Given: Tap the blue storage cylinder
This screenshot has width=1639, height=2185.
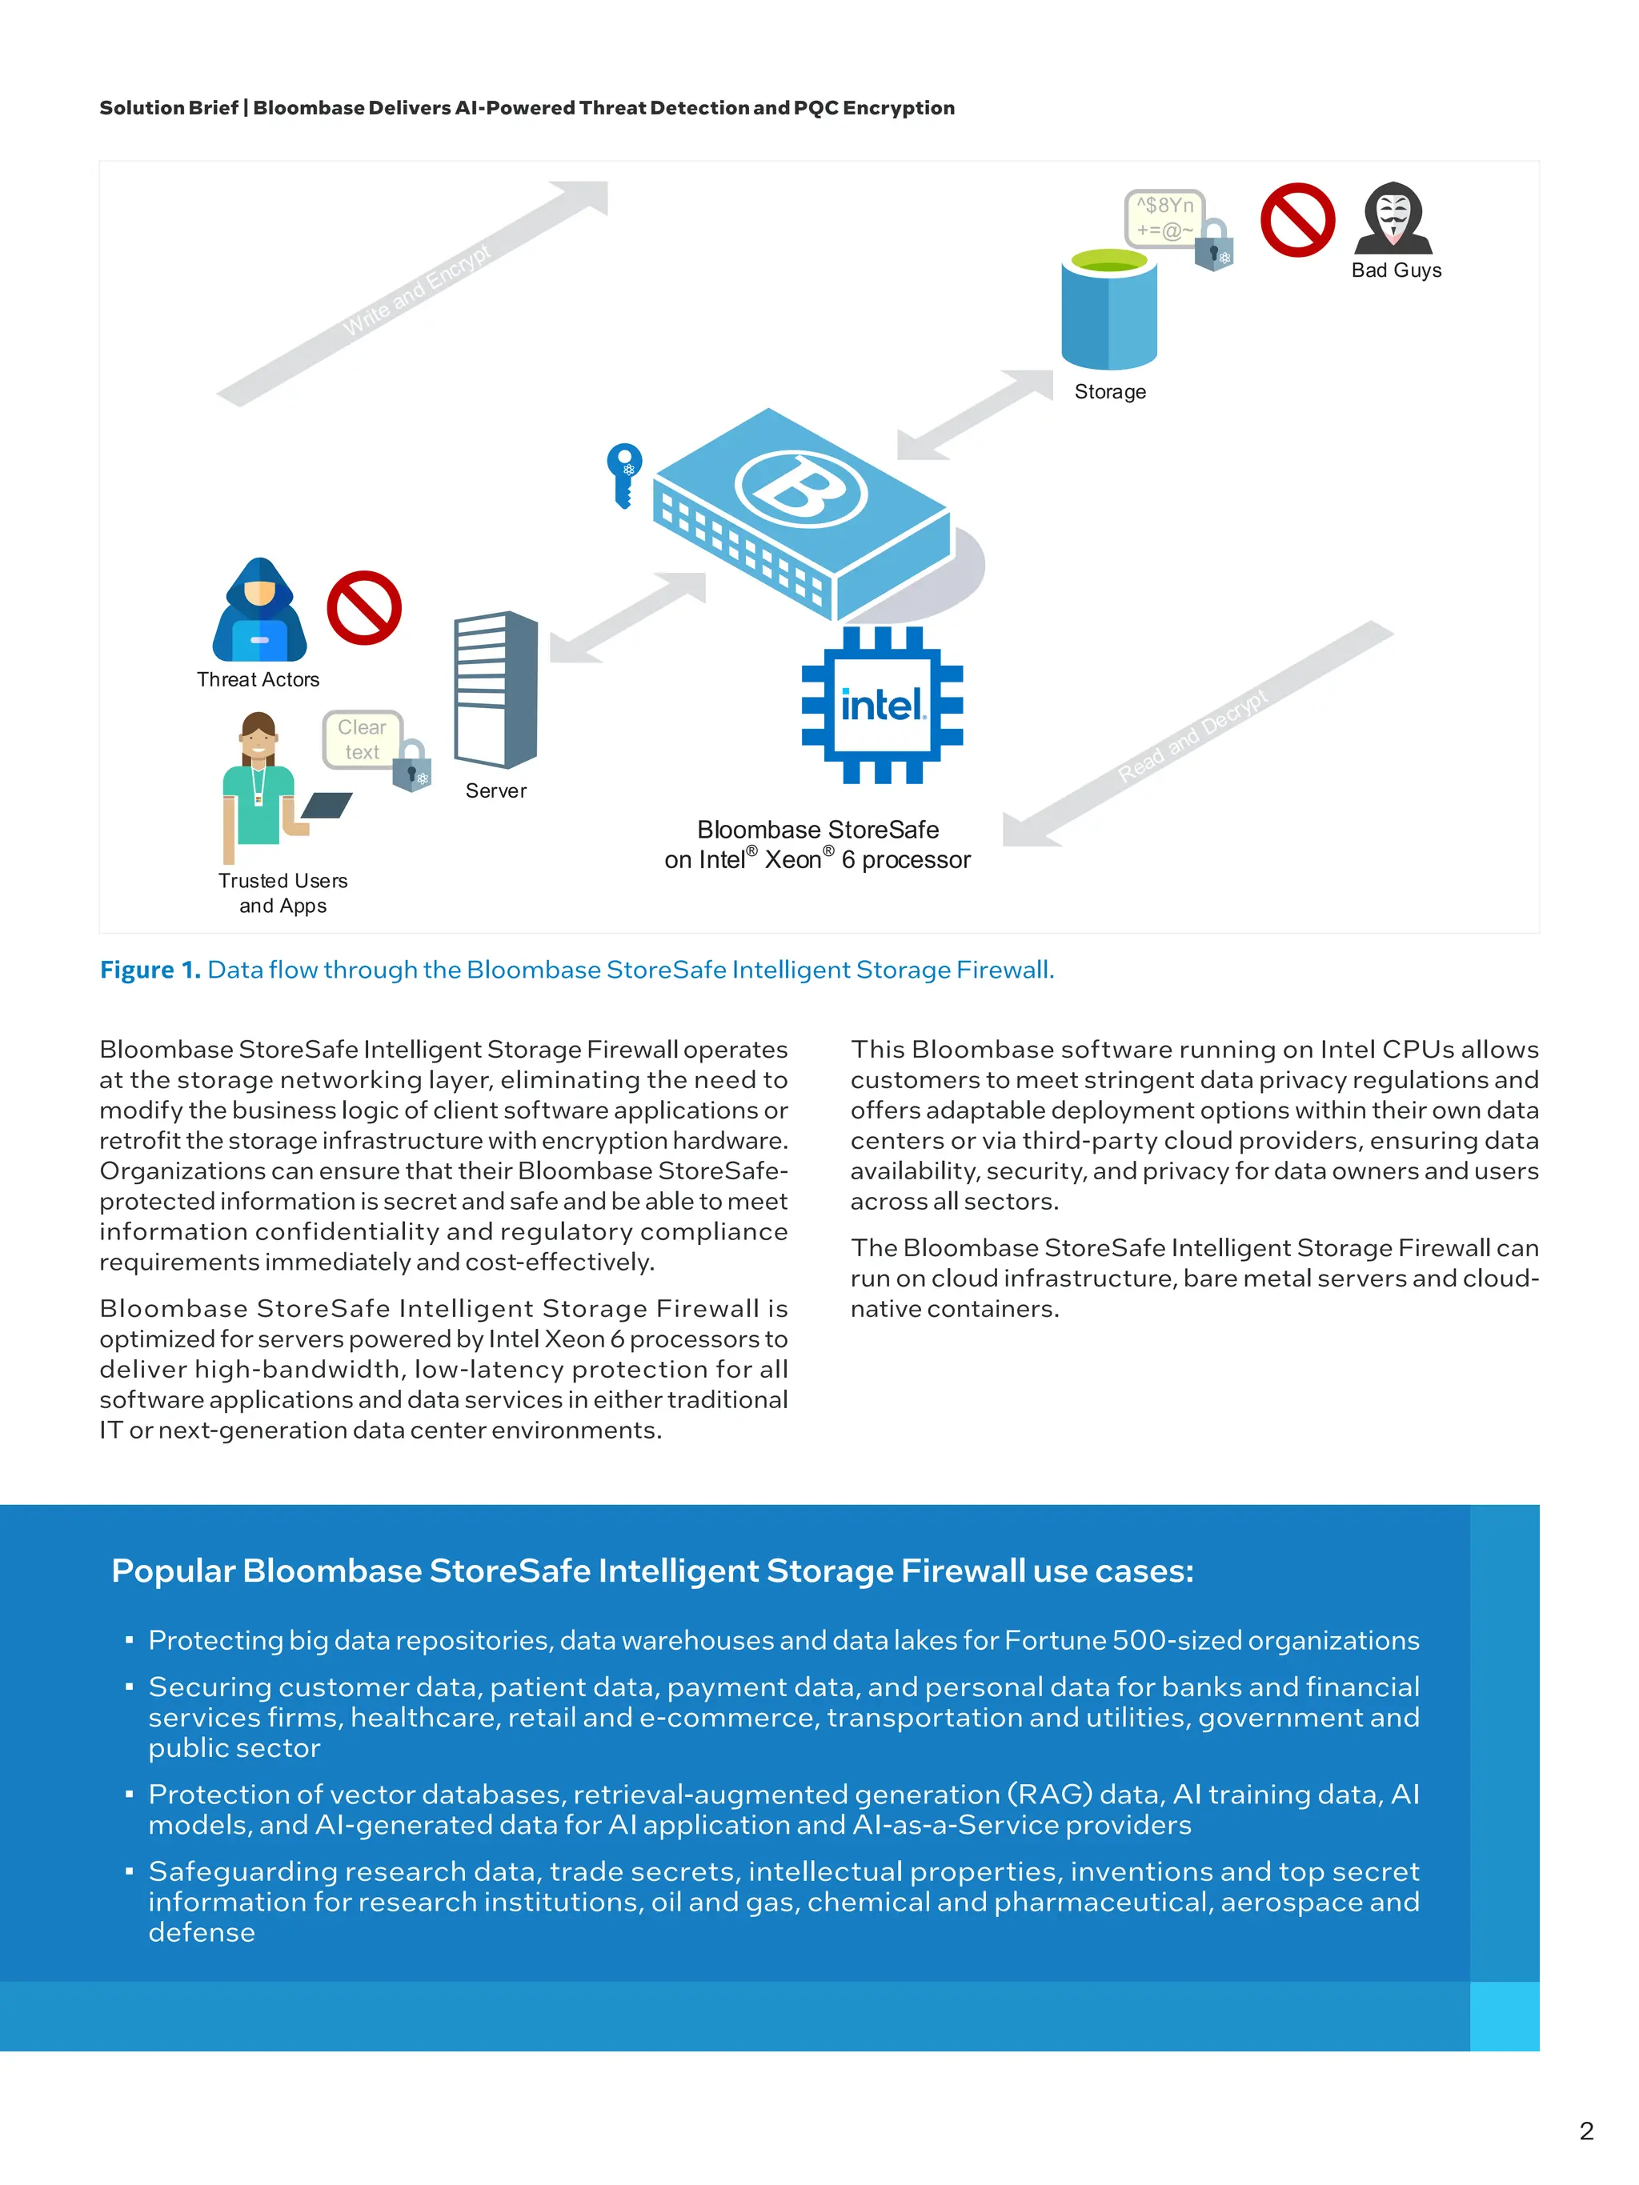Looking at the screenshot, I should coord(1108,314).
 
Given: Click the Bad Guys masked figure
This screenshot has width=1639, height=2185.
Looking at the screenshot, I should coord(1393,219).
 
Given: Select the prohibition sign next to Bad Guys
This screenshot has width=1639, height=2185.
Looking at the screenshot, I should coord(1297,219).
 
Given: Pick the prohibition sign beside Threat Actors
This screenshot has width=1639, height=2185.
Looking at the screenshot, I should coord(363,607).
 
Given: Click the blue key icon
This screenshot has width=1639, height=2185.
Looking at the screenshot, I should coord(623,473).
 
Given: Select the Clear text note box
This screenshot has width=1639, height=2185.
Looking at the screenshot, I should coord(362,739).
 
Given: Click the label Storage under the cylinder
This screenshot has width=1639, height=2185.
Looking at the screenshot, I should coord(1109,392).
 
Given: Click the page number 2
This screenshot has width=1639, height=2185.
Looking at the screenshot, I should coord(1585,2131).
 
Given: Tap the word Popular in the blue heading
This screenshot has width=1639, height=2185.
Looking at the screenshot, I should coord(173,1571).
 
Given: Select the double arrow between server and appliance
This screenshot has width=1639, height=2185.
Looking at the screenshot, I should coord(628,618).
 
